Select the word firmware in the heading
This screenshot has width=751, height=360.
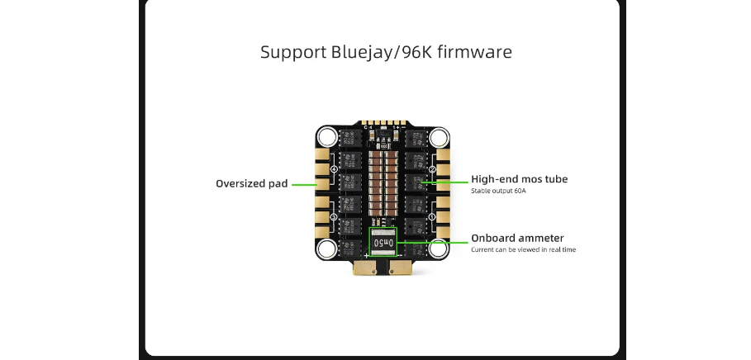coord(473,52)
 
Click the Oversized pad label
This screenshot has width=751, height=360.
coord(251,183)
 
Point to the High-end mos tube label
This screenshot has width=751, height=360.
coord(519,179)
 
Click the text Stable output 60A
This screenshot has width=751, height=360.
coord(498,191)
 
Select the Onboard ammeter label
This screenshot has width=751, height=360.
coord(517,239)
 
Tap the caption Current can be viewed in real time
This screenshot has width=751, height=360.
coord(523,249)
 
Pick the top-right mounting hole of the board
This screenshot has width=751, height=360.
coord(439,137)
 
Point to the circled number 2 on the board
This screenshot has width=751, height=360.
coord(433,169)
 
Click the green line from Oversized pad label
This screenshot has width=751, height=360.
coord(304,183)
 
